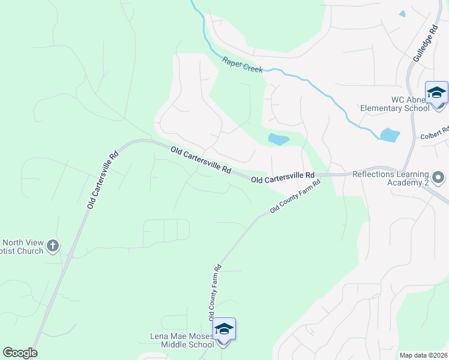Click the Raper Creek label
point(243,65)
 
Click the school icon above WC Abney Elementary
point(436,92)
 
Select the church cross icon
point(53,245)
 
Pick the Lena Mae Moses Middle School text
point(182,340)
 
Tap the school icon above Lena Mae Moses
point(224,329)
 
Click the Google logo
point(20,353)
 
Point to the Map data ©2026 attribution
point(423,355)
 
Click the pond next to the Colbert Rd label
point(390,134)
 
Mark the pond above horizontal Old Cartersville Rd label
point(279,139)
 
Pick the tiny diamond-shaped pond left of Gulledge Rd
point(402,13)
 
